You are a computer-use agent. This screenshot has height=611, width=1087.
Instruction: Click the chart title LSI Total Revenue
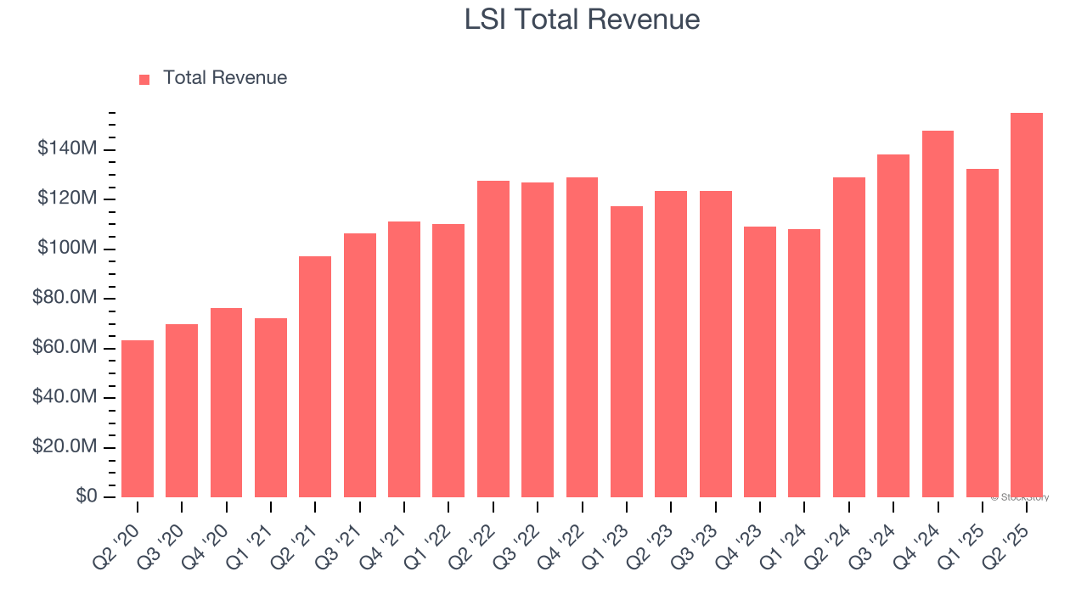click(x=582, y=20)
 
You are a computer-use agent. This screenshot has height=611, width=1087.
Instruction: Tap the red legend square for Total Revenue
click(x=144, y=79)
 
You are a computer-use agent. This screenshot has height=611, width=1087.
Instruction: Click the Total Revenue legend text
click(x=224, y=78)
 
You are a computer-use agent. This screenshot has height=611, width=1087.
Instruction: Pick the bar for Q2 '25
click(x=1026, y=305)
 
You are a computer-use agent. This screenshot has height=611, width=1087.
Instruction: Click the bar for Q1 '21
click(x=271, y=407)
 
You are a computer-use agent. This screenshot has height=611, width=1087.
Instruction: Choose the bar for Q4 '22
click(x=582, y=337)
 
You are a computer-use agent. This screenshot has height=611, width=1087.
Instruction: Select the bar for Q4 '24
click(x=938, y=314)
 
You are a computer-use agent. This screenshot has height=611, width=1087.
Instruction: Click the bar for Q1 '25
click(x=982, y=333)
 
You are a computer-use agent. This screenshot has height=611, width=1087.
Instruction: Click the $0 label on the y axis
click(x=86, y=496)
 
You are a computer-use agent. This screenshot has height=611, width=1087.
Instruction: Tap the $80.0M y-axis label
click(x=65, y=299)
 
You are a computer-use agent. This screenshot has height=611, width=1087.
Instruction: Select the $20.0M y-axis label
click(x=65, y=447)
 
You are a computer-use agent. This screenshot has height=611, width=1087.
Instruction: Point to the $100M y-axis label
click(x=67, y=249)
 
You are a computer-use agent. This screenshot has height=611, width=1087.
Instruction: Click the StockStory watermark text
click(x=1019, y=497)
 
